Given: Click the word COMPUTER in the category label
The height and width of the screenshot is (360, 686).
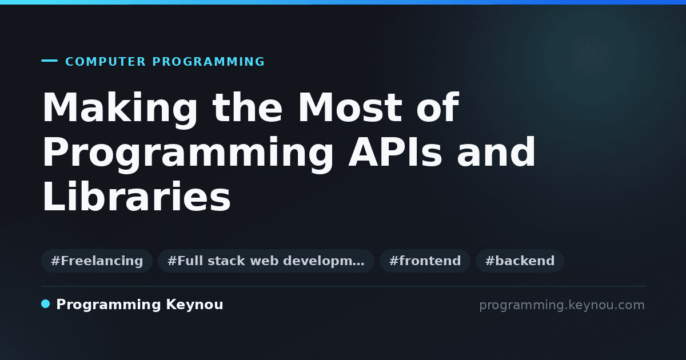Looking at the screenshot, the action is [x=105, y=62].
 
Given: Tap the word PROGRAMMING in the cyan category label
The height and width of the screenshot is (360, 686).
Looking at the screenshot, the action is [x=208, y=62].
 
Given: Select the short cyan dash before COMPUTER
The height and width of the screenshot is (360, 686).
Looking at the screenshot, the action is [x=49, y=61].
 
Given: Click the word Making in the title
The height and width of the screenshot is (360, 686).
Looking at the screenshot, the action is [x=119, y=109].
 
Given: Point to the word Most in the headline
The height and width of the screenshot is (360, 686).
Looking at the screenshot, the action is [x=350, y=107].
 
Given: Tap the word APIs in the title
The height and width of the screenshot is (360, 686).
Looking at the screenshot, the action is [x=395, y=152].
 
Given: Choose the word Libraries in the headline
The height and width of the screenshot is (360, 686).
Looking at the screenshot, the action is [x=136, y=196].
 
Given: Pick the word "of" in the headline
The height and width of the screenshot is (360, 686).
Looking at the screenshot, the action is [x=438, y=107].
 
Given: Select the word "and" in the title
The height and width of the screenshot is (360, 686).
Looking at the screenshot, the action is [x=496, y=151].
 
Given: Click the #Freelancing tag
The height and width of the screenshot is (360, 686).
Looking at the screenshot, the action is [x=97, y=261].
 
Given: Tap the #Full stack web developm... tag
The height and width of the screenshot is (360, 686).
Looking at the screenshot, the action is [x=266, y=261].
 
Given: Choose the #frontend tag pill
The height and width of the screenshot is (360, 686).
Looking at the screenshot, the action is [x=425, y=261].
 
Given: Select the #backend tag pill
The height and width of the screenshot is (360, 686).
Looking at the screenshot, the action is [x=520, y=261].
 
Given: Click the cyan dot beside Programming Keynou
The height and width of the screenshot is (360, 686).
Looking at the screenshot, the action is [x=46, y=304].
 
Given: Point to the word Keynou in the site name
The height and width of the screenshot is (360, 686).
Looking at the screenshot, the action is [x=194, y=305].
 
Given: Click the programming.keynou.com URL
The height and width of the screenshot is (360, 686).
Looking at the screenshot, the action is [x=562, y=305].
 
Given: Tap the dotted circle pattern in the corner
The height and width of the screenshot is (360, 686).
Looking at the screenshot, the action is [x=591, y=57].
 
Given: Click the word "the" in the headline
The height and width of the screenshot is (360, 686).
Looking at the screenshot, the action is [x=248, y=107].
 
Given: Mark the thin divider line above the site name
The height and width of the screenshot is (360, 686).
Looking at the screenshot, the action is [x=344, y=286].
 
